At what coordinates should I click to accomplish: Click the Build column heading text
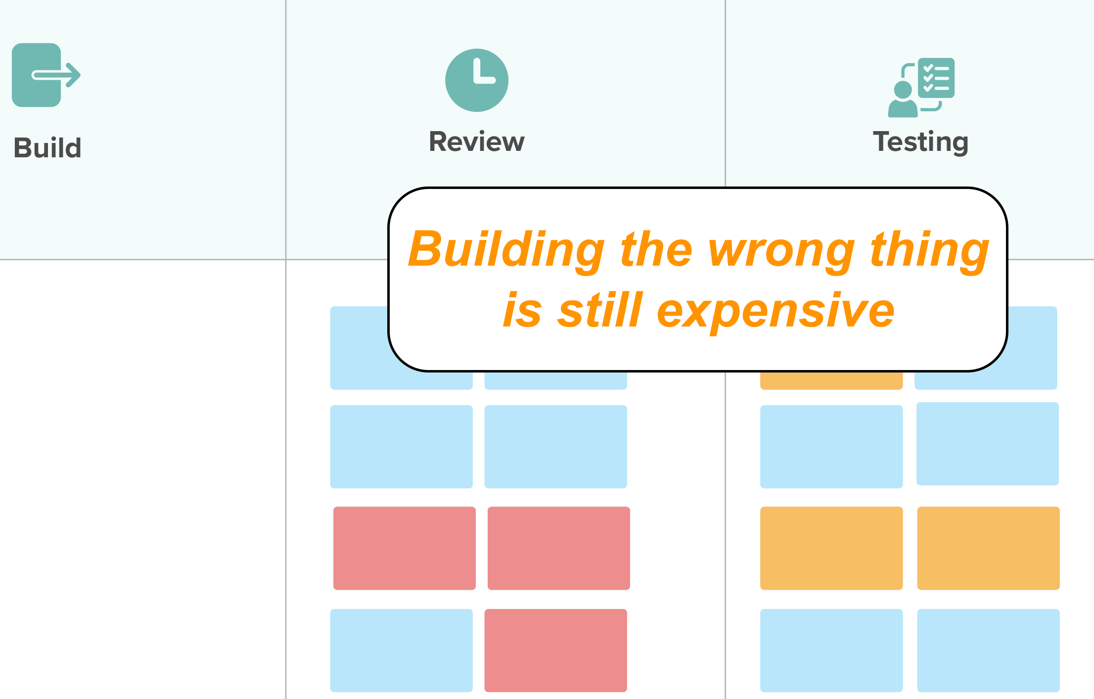47,148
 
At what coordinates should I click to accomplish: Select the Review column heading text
476,142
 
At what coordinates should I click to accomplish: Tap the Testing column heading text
920,142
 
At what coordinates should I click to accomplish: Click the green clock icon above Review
476,80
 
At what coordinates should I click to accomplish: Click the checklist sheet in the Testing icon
936,78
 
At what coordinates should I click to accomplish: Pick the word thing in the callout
929,250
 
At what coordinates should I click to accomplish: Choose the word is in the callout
522,311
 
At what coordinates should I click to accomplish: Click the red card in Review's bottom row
555,650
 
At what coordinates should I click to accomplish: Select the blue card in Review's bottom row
401,650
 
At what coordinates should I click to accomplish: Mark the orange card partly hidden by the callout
831,380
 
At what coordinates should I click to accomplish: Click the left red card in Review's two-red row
404,548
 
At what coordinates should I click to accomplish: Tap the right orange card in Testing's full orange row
988,548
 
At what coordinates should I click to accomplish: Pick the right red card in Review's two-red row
558,548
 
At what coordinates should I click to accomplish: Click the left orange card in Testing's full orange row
831,548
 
